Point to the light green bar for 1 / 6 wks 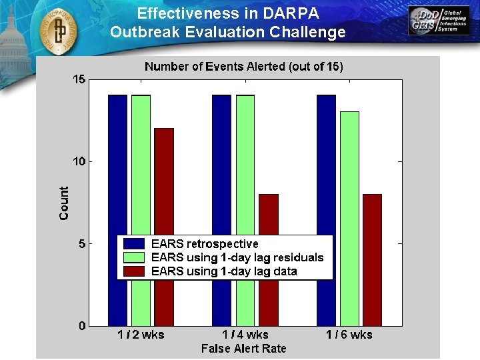pos(349,173)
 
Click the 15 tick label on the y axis pos(79,80)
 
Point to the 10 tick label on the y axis pos(79,162)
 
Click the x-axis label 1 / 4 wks pos(245,335)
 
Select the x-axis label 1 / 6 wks pos(349,335)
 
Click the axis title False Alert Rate pos(243,348)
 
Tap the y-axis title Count pos(64,203)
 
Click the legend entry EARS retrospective pos(205,244)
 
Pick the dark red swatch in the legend pos(135,271)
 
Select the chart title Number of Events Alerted pos(244,66)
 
